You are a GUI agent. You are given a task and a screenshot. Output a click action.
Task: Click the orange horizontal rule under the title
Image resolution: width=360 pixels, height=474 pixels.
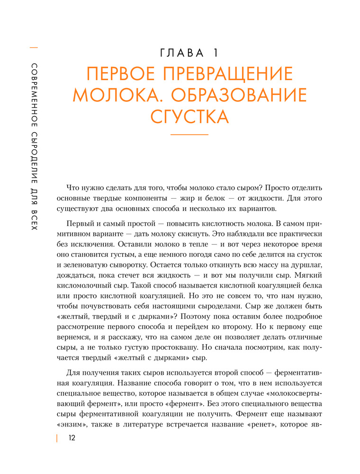click(x=189, y=136)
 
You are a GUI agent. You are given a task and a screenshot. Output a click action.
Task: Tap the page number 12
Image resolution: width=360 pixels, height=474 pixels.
click(x=72, y=438)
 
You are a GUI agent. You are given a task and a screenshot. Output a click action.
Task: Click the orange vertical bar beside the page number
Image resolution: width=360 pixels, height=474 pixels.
click(x=57, y=438)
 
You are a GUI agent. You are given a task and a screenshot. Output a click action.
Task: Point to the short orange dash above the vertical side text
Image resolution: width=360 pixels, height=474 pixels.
click(x=34, y=47)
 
